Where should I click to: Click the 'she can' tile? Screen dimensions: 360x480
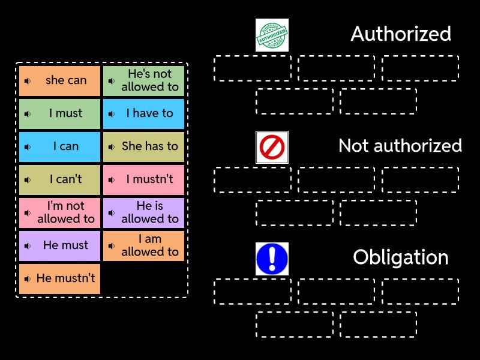click(59, 80)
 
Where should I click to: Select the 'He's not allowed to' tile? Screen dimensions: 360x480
click(143, 80)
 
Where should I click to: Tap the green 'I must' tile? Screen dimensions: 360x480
click(59, 113)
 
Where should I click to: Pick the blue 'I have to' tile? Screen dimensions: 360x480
click(143, 113)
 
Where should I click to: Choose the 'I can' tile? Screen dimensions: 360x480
click(59, 146)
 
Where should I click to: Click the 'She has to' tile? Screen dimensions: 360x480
click(143, 146)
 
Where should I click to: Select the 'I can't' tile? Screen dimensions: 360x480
click(59, 179)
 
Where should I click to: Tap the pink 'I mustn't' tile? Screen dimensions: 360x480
click(143, 179)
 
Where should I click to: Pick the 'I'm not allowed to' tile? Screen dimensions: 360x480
click(59, 212)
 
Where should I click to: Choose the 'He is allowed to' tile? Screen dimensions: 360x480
click(143, 212)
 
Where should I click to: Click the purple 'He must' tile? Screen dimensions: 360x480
click(59, 245)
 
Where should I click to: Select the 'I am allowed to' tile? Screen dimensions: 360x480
click(143, 245)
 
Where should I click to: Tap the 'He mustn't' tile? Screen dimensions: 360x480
click(59, 278)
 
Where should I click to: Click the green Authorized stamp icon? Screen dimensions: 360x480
click(272, 35)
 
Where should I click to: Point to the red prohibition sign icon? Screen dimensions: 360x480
click(272, 147)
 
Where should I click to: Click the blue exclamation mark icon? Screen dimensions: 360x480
click(272, 259)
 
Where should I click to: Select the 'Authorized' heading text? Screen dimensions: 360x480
click(401, 34)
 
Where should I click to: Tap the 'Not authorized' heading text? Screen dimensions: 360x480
click(400, 146)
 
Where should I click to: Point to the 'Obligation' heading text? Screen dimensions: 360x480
click(401, 257)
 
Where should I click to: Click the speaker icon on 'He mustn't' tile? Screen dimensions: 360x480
click(28, 279)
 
